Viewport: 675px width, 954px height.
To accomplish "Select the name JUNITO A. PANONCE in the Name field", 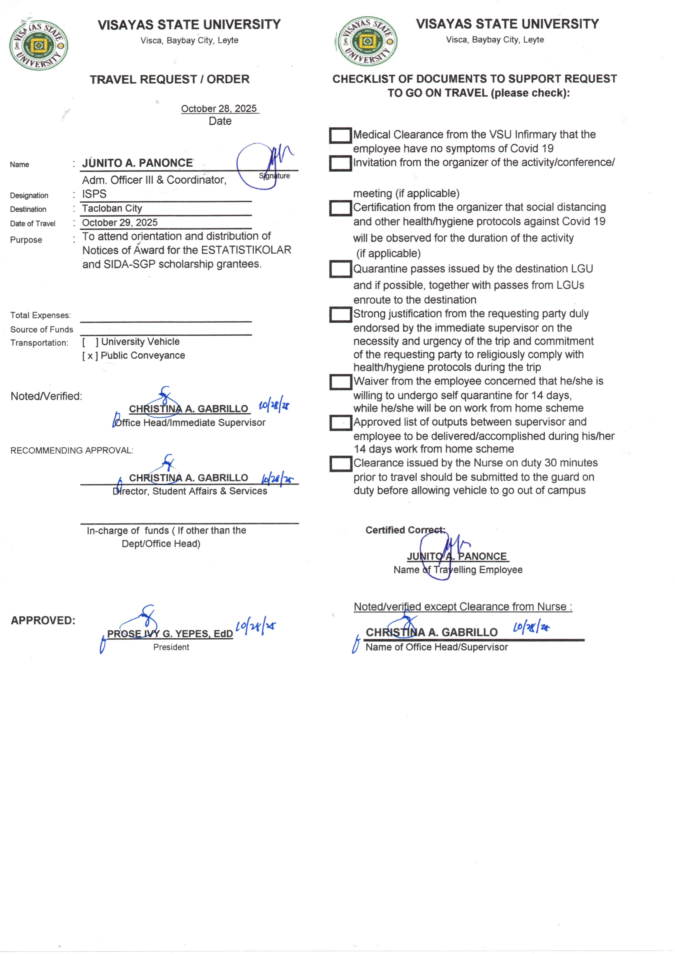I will point(138,163).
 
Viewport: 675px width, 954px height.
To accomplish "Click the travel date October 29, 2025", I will point(120,222).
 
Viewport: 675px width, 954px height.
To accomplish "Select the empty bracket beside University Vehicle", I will point(90,342).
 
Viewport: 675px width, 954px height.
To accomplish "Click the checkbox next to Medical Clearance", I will point(340,135).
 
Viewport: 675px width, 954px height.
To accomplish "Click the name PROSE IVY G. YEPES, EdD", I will point(170,634).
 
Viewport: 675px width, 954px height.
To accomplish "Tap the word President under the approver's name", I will point(171,647).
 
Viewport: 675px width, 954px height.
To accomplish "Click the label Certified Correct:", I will point(405,530).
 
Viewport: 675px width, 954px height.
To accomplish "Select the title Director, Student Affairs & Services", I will point(190,491).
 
